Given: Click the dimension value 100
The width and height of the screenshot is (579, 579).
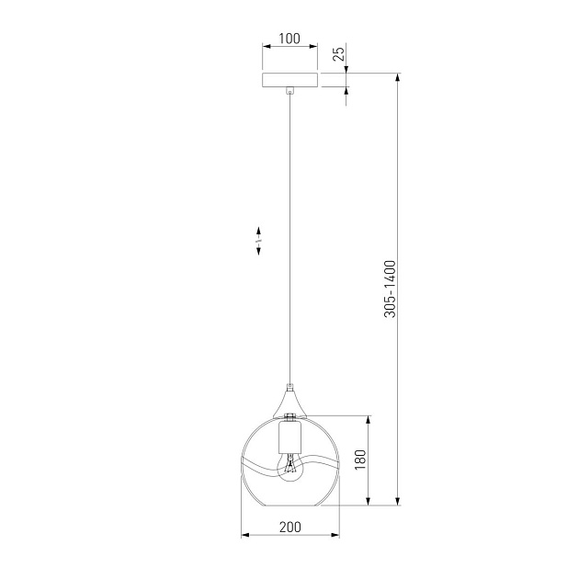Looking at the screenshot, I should click(289, 39).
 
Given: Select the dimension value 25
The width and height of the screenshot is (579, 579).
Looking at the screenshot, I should click(339, 53).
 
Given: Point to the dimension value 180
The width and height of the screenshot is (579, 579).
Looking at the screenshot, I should click(360, 459).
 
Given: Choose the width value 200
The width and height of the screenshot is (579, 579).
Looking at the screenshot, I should click(289, 527).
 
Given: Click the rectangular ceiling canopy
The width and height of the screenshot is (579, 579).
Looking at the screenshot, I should click(289, 80).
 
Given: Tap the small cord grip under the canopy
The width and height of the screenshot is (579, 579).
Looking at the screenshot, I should click(289, 91).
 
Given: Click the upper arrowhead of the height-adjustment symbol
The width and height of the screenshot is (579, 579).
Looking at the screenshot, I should click(259, 229).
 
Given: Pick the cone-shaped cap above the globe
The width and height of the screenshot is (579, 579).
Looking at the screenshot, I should click(289, 401).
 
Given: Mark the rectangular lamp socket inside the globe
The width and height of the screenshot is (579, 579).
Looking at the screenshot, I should click(289, 437).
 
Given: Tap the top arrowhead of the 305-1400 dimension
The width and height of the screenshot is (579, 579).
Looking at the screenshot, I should click(398, 77).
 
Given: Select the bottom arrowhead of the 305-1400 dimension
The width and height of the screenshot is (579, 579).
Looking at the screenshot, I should click(398, 501).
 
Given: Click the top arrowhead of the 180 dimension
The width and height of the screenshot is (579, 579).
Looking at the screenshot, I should click(369, 418).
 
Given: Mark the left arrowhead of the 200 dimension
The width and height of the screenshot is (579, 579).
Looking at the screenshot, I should click(244, 535).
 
